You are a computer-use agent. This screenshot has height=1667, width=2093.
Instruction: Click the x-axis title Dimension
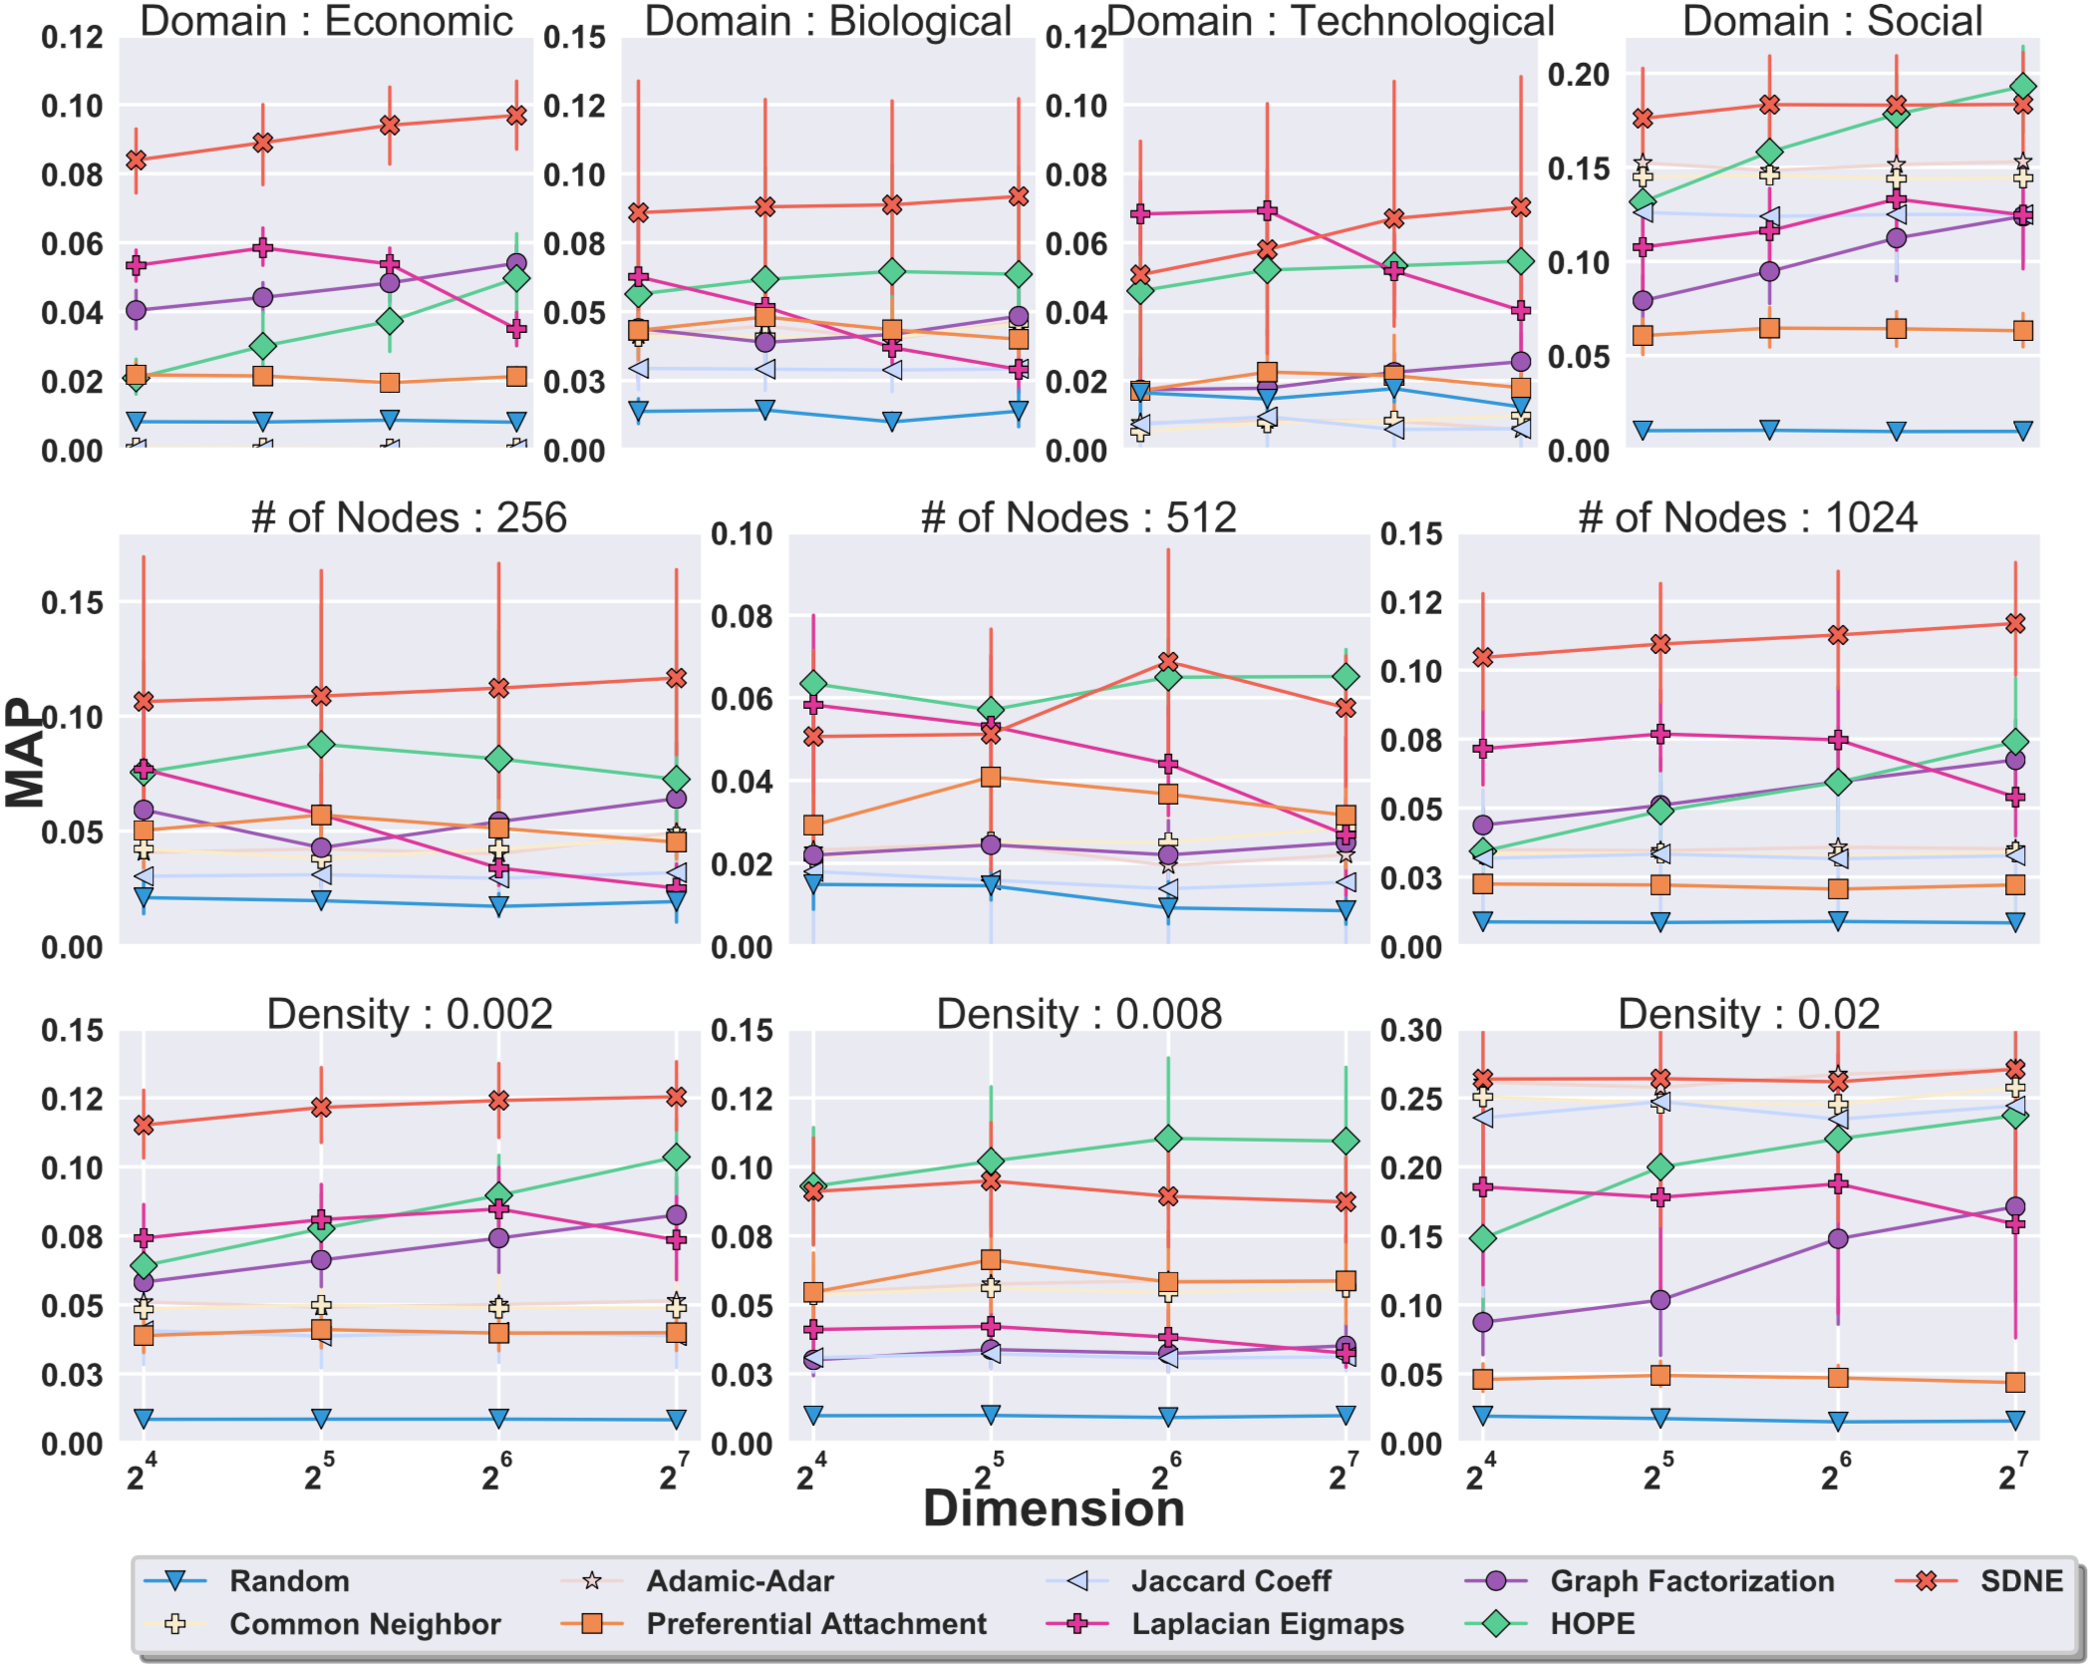coord(1053,1508)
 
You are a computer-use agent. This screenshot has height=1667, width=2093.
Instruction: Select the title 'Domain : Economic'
coord(326,21)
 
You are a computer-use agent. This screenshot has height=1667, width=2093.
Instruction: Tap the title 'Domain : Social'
coord(1832,21)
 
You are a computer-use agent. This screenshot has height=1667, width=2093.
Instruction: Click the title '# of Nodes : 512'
coord(1078,517)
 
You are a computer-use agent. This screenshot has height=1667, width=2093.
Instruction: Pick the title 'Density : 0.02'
coord(1748,1014)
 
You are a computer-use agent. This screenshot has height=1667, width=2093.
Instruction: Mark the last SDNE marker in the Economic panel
coord(516,116)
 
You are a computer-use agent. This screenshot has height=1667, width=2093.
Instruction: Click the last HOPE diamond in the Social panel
coord(2023,87)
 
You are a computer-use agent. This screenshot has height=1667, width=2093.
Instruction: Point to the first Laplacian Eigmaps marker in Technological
coord(1140,213)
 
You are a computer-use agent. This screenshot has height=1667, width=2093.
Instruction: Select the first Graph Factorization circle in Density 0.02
coord(1483,1322)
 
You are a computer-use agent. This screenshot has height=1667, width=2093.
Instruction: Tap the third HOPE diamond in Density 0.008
coord(1168,1139)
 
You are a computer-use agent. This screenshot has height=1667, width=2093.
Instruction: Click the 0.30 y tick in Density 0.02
coord(1412,1031)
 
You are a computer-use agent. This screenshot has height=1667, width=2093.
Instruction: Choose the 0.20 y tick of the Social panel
coord(1579,75)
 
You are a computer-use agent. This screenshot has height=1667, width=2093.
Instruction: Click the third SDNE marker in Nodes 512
coord(1168,662)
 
